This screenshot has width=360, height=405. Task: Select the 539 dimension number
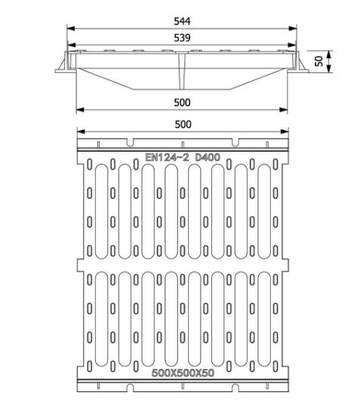pyautogui.click(x=180, y=38)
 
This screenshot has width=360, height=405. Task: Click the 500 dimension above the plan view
pyautogui.click(x=181, y=124)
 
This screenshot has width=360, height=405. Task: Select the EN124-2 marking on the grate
pyautogui.click(x=168, y=158)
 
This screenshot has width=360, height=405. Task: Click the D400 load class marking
pyautogui.click(x=209, y=158)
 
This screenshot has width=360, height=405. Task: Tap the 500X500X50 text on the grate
pyautogui.click(x=181, y=373)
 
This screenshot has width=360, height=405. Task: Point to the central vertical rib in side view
pyautogui.click(x=181, y=72)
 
